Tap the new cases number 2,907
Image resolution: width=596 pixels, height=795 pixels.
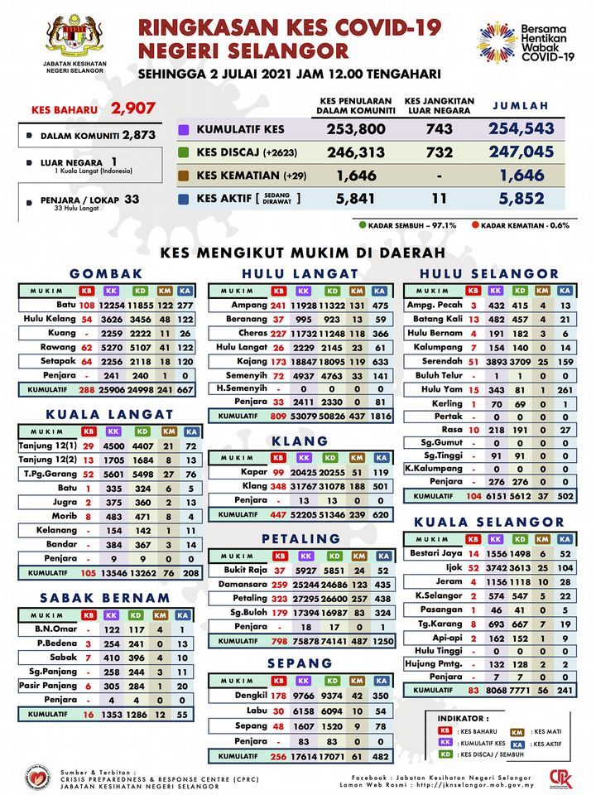click(x=133, y=108)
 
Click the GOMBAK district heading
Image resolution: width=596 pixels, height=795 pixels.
click(x=106, y=273)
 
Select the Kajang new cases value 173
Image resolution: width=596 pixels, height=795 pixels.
click(x=278, y=361)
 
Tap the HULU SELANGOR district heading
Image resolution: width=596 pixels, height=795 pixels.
click(x=489, y=273)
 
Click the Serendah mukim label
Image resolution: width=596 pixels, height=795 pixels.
click(x=442, y=361)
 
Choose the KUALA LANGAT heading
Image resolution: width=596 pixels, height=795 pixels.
click(x=109, y=414)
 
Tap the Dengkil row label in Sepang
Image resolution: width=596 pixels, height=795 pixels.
click(x=249, y=696)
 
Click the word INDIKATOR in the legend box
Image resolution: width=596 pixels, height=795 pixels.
click(x=461, y=718)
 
